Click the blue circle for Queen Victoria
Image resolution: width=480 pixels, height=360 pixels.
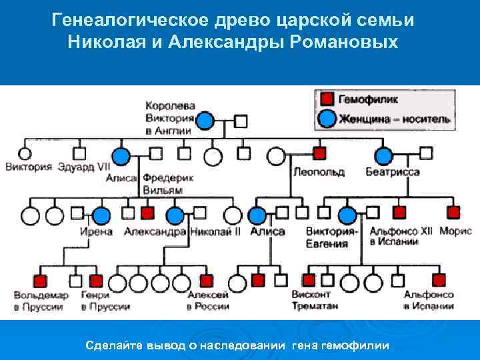point(206,121)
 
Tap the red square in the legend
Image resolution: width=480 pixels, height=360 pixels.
point(327,99)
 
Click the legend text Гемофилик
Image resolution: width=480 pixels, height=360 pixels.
point(368,99)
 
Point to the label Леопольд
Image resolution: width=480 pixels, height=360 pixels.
point(318,172)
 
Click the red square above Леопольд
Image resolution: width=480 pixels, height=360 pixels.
point(319,154)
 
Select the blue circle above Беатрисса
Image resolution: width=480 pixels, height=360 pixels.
point(383,156)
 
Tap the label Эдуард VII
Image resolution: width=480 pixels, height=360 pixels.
point(84,167)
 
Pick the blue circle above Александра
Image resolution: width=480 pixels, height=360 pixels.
point(175,215)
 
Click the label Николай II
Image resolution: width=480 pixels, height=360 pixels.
point(215,231)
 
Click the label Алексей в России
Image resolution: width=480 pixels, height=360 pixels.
point(207,301)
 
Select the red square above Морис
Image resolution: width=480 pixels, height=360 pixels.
point(453,213)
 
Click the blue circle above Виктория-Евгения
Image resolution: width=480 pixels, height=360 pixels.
point(347,215)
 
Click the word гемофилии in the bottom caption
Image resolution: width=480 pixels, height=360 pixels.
point(357,345)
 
